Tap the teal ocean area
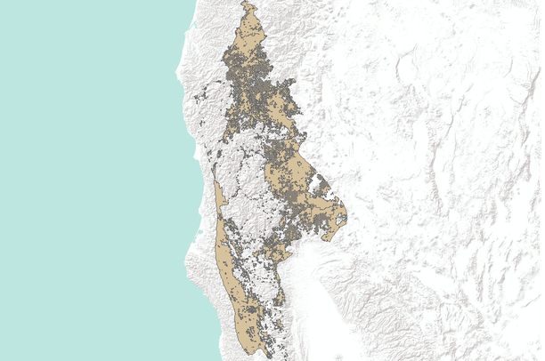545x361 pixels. [89, 178]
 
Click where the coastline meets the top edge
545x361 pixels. [197, 1]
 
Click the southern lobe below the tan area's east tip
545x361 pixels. [329, 233]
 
